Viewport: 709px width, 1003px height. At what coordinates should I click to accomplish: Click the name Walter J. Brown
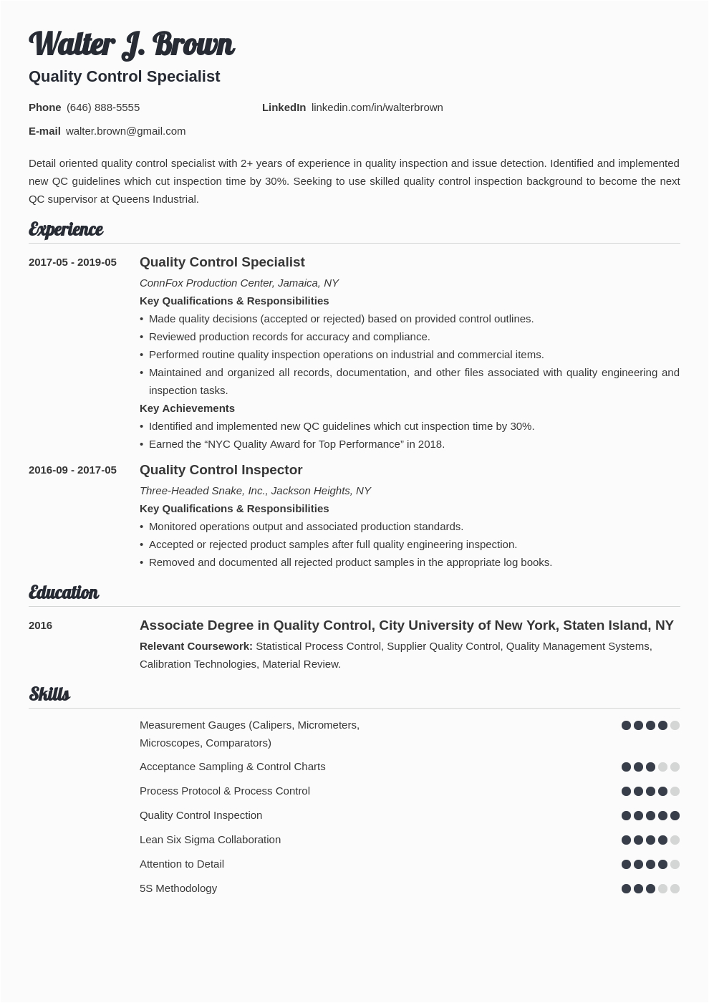coord(131,44)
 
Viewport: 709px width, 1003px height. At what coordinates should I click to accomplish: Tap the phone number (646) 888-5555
coord(103,107)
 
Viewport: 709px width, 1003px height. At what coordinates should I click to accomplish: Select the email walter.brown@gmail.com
coord(125,131)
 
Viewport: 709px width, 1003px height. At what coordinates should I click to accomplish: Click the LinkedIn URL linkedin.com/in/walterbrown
coord(377,107)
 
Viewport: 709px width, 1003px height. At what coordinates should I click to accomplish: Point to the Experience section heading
coord(66,229)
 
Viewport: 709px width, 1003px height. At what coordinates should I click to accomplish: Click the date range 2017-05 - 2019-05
coord(72,262)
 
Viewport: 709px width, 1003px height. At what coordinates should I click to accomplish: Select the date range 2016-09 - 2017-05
coord(72,470)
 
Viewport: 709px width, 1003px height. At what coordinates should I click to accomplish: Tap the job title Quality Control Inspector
coord(221,470)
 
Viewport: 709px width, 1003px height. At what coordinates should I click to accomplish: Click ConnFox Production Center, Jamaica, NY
coord(238,283)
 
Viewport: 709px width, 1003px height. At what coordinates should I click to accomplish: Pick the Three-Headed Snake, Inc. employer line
coord(255,491)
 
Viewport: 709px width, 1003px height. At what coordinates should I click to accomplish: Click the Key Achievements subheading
coord(187,408)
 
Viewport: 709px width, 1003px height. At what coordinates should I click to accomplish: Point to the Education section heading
coord(64,592)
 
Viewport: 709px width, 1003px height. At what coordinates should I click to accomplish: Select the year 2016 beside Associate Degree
coord(40,625)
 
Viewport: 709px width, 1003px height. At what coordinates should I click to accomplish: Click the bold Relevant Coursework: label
coord(196,646)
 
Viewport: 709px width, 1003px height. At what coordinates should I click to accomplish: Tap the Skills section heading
coord(49,694)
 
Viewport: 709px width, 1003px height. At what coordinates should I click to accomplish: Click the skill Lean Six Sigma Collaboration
coord(210,840)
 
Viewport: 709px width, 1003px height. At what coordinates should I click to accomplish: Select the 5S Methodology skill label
coord(178,888)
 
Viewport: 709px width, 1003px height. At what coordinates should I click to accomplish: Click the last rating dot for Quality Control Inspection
coord(675,815)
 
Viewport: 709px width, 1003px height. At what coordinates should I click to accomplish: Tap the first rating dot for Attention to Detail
coord(626,864)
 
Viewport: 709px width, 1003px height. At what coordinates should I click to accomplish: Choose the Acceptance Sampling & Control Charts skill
coord(232,767)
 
